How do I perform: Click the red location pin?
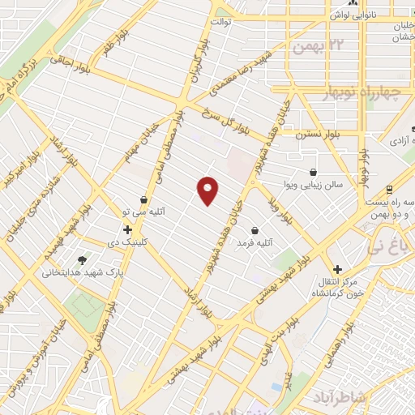click(x=208, y=190)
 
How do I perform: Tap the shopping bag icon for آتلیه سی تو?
click(x=144, y=199)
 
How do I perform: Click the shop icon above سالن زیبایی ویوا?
click(x=314, y=172)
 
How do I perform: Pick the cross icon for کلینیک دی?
click(x=127, y=229)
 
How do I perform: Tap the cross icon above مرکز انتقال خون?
click(x=338, y=268)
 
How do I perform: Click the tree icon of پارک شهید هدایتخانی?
click(x=82, y=260)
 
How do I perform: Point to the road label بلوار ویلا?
click(x=285, y=208)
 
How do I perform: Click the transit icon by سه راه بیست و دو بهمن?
click(x=390, y=188)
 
